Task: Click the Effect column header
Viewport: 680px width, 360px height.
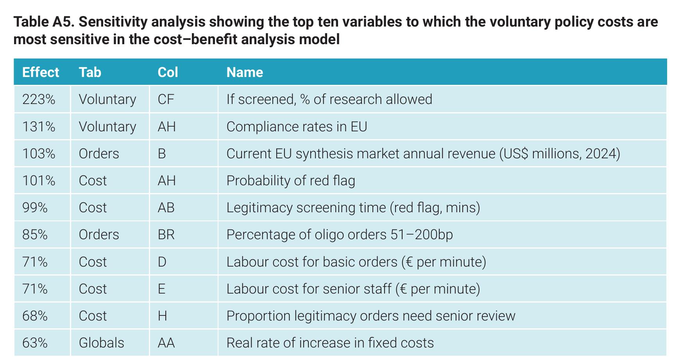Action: [41, 72]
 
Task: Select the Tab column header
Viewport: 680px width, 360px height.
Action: [90, 72]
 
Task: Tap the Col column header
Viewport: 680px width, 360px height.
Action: [168, 72]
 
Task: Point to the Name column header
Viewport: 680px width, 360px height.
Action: [245, 72]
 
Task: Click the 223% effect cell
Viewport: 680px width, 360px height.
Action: [39, 99]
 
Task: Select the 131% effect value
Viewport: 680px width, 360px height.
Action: [39, 127]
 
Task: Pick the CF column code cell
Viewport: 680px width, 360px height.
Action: [166, 99]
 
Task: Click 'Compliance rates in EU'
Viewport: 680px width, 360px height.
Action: [297, 127]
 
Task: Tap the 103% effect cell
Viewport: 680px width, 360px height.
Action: [39, 154]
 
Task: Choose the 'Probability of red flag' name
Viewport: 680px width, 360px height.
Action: [291, 181]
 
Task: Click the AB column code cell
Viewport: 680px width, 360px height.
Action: [166, 208]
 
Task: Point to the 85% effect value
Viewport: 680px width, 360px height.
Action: [35, 235]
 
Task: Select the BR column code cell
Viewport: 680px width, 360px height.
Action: [166, 235]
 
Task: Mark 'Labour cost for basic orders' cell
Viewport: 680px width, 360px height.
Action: [356, 262]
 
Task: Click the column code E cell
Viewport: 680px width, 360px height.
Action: [161, 289]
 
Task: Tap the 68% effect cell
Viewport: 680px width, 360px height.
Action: [35, 316]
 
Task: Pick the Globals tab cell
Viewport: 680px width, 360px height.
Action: [101, 343]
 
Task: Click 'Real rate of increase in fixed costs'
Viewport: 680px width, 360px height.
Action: [330, 343]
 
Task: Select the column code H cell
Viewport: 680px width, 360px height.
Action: [162, 316]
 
